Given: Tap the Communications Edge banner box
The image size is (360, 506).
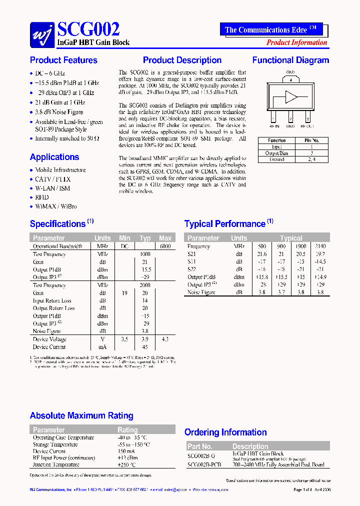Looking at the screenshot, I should click(x=270, y=29).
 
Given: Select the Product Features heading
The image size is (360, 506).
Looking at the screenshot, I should click(x=63, y=60).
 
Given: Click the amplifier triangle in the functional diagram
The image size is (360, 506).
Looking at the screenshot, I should click(x=290, y=97).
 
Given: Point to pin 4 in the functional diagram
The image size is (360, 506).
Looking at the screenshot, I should click(x=290, y=79).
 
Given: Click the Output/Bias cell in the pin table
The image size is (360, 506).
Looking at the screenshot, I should click(x=276, y=153).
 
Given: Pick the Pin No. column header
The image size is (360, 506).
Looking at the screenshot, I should click(x=311, y=140).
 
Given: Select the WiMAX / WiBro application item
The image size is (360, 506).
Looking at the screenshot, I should click(x=55, y=206).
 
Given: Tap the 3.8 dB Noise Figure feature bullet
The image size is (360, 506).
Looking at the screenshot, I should click(x=59, y=112).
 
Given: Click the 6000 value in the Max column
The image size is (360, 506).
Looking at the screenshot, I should click(x=165, y=246).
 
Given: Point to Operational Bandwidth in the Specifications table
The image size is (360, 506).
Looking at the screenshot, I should click(x=57, y=246).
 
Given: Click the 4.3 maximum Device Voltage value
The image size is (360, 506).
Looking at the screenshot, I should click(x=165, y=339).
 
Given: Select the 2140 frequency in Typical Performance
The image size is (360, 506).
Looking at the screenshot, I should click(x=320, y=246).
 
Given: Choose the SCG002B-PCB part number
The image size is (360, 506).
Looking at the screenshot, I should click(x=203, y=465).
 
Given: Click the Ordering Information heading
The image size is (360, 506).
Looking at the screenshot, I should click(x=225, y=432).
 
